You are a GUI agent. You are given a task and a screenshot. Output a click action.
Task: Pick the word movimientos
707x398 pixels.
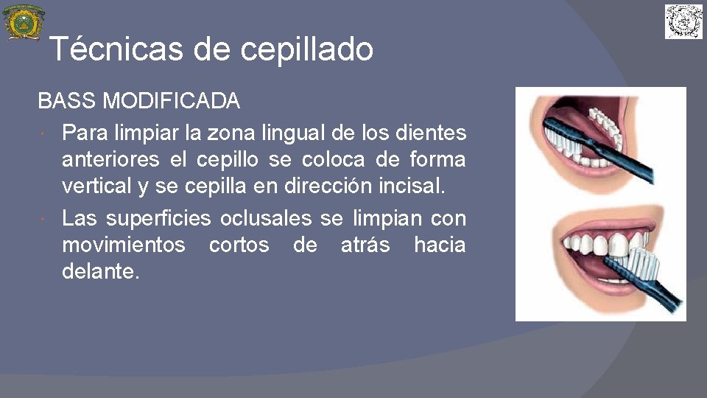[x=124, y=245]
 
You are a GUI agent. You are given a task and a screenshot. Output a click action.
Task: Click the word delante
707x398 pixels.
[x=100, y=271]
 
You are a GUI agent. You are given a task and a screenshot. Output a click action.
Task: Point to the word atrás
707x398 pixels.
[x=365, y=245]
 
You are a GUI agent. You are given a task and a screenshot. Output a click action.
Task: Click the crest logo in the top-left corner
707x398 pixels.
[x=24, y=22]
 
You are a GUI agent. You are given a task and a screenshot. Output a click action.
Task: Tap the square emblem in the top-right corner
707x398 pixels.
[x=683, y=21]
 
